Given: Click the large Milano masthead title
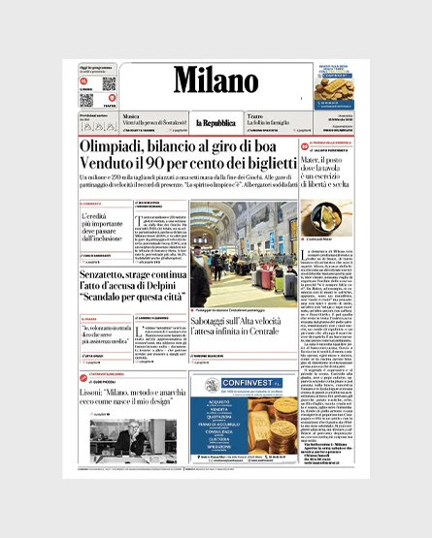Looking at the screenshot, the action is pyautogui.click(x=216, y=79).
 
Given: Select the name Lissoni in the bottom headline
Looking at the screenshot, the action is pyautogui.click(x=97, y=387).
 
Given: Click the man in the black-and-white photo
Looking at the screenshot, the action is pyautogui.click(x=131, y=441).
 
